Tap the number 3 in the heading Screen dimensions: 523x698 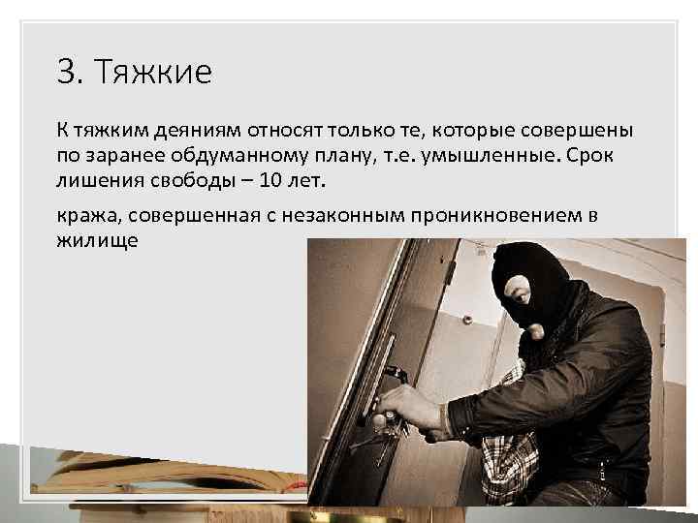(x=65, y=73)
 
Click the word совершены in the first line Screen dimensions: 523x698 (x=573, y=131)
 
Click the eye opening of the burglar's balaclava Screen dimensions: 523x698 (x=519, y=289)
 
